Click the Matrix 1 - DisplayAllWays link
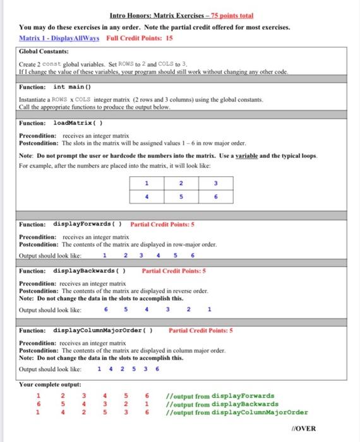pyautogui.click(x=56, y=38)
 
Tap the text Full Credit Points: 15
pyautogui.click(x=134, y=38)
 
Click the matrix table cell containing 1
pyautogui.click(x=146, y=182)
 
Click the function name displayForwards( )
pyautogui.click(x=88, y=224)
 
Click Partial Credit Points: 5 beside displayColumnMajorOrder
pyautogui.click(x=201, y=330)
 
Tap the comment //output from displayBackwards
pyautogui.click(x=221, y=404)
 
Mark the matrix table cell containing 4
pyautogui.click(x=146, y=196)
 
